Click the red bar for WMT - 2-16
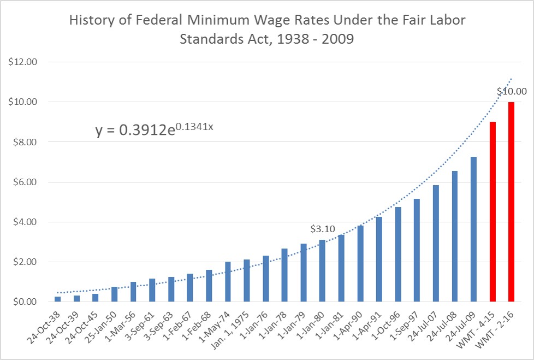click(x=512, y=202)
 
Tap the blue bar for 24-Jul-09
click(x=473, y=229)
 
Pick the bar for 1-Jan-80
click(x=322, y=271)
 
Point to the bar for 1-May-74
click(x=228, y=282)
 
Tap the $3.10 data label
click(x=322, y=229)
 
